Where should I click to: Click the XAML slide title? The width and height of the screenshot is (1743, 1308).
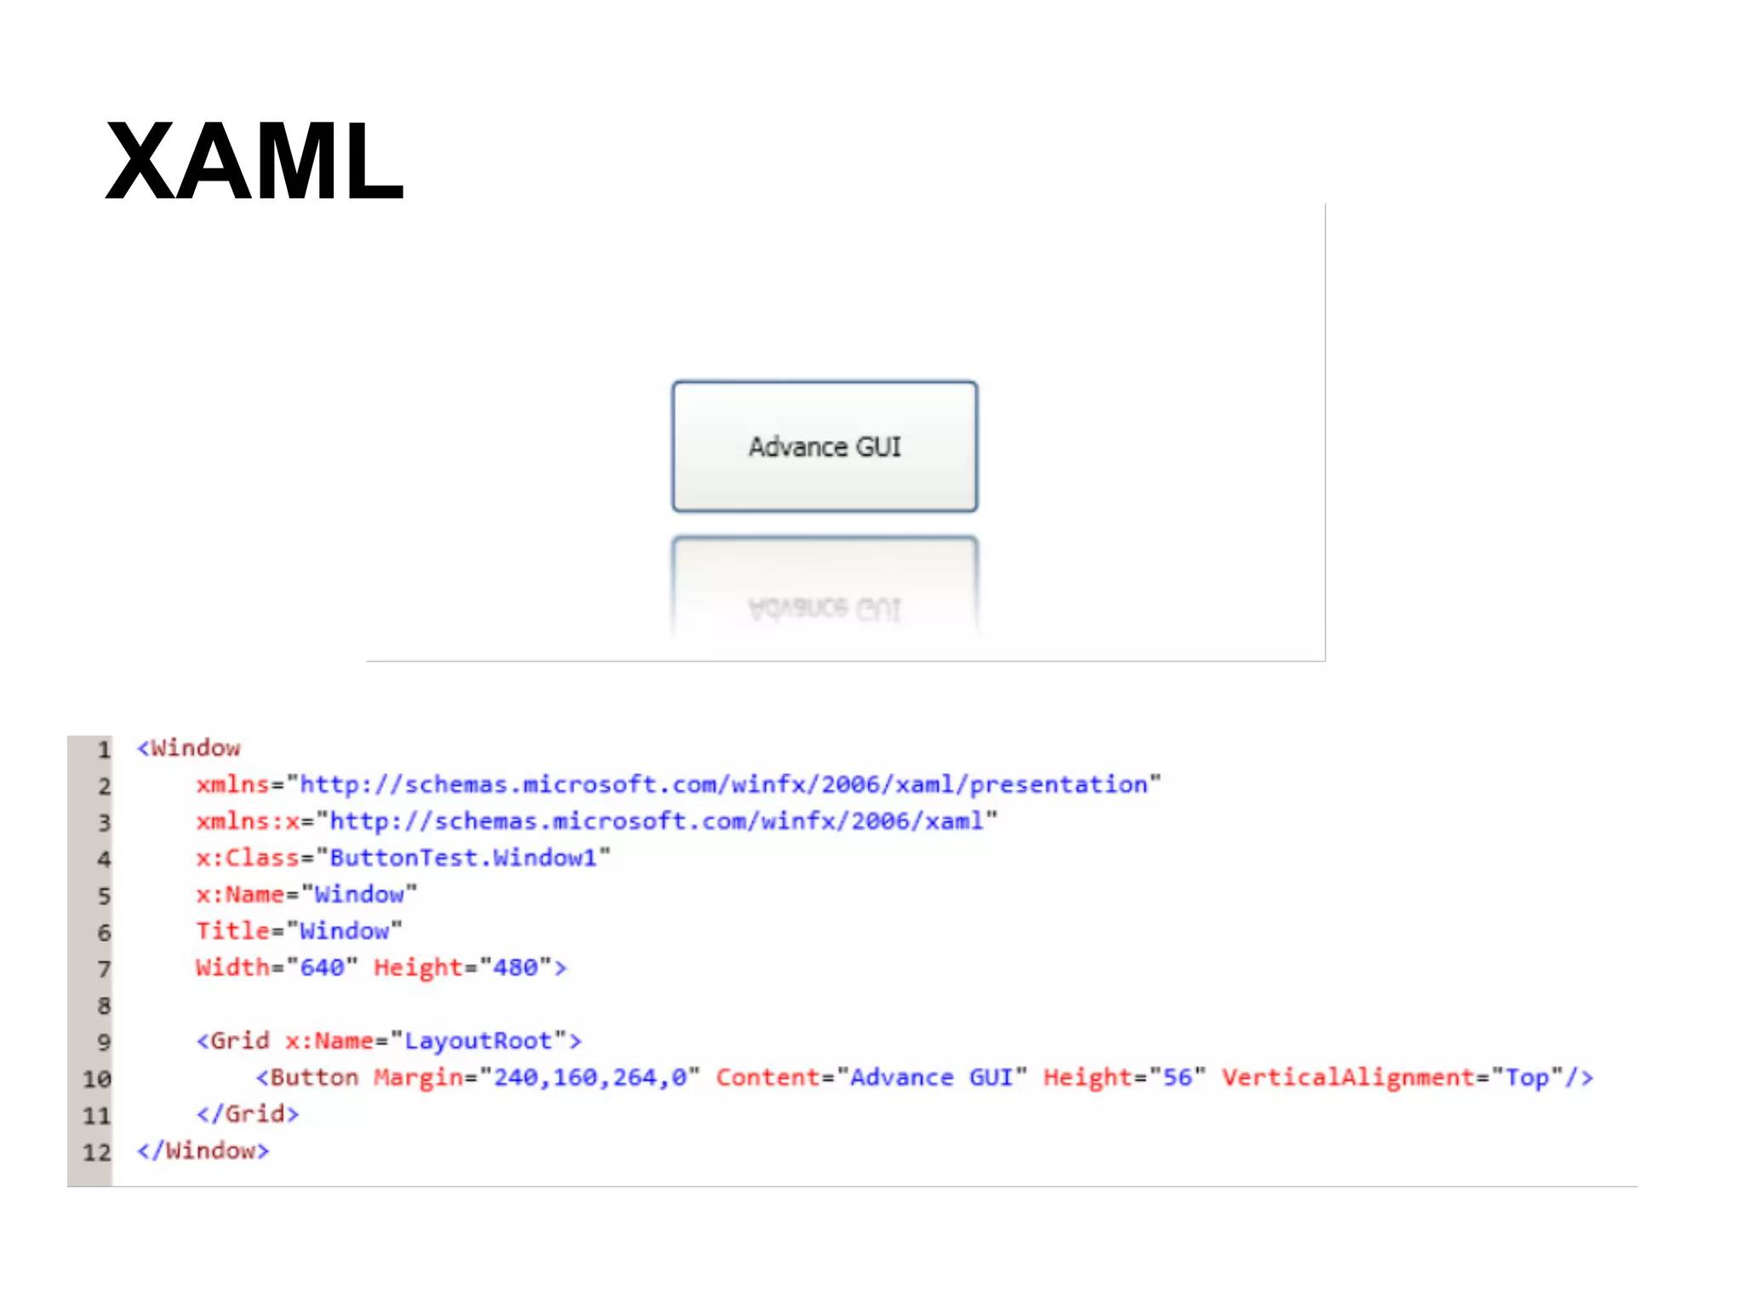[254, 162]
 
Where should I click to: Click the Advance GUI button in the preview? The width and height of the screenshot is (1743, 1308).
[824, 446]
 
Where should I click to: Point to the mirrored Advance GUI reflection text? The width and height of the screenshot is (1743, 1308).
[824, 608]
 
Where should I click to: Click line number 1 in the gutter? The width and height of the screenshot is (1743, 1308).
[104, 749]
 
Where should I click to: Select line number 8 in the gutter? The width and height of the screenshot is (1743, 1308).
[104, 1006]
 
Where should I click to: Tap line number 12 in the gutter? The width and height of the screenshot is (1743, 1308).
[97, 1152]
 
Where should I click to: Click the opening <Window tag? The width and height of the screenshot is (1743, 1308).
[189, 749]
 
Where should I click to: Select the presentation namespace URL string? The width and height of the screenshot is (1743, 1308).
[723, 784]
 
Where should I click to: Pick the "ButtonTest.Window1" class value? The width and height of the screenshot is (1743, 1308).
[463, 858]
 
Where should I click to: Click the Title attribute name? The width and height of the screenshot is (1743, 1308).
[232, 931]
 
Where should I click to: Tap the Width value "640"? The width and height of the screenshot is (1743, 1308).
[323, 967]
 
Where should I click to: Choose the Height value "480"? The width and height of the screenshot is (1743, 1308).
[516, 967]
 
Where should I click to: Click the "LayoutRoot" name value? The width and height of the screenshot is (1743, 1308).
[478, 1041]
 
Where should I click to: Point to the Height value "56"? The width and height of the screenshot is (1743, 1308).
[1178, 1077]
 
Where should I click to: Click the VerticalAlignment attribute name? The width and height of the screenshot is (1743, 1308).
[1348, 1077]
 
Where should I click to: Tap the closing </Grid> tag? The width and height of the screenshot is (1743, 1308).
[248, 1114]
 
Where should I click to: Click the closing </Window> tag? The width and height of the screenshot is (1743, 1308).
[203, 1150]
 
